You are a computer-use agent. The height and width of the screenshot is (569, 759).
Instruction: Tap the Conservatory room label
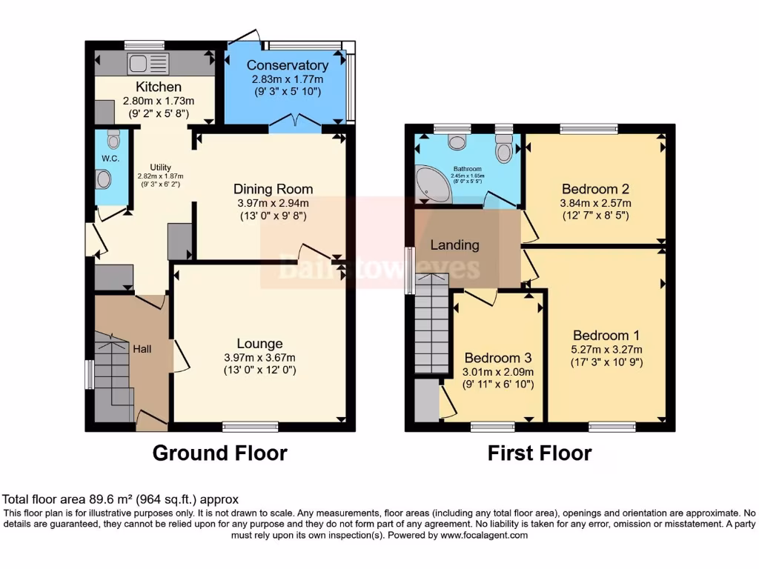click(288, 65)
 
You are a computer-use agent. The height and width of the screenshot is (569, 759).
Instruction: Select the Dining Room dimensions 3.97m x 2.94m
click(273, 203)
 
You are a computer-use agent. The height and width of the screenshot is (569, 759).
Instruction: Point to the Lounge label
click(259, 343)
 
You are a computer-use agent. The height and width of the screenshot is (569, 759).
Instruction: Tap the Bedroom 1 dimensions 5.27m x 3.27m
click(606, 350)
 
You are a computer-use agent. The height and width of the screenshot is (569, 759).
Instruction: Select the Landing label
click(454, 244)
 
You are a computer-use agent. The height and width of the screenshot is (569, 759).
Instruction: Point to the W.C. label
click(110, 159)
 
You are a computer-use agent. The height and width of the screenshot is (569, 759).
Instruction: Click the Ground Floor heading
click(219, 453)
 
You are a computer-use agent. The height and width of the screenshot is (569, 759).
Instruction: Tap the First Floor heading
click(540, 453)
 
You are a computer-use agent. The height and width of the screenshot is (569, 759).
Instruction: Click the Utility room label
click(161, 167)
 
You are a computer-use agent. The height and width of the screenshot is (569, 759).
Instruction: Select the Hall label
click(142, 347)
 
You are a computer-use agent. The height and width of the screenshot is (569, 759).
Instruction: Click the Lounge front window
click(251, 426)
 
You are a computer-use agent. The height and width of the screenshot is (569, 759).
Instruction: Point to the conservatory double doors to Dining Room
click(295, 124)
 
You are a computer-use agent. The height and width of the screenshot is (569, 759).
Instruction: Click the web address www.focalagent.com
click(483, 535)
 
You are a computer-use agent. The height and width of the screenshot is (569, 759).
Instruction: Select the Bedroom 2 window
click(589, 129)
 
